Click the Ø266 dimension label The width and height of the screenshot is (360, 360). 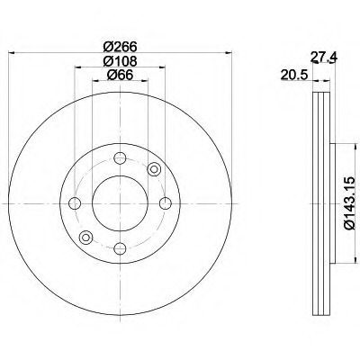coord(120,47)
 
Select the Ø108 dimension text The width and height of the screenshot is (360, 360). coord(120,61)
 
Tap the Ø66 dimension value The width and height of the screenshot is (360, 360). coord(120,75)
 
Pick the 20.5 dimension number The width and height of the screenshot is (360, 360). coord(294,75)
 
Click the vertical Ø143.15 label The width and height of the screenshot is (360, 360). coord(350,204)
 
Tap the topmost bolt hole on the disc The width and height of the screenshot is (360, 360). coord(120,158)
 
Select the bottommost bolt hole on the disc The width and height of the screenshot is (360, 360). coord(120,248)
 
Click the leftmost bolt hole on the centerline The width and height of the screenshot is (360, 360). coord(75,203)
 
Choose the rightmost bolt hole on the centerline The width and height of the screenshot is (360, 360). coord(166,203)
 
